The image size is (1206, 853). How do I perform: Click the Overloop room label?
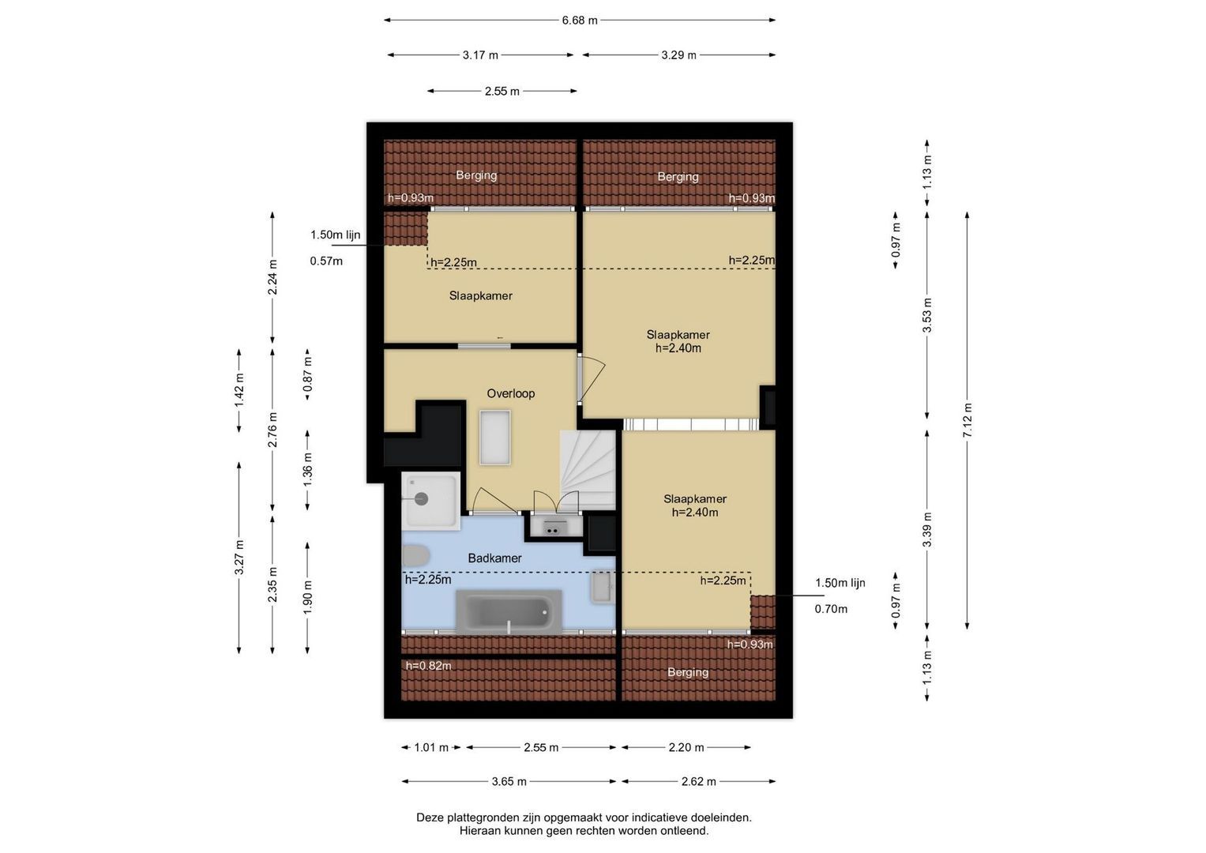coord(510,393)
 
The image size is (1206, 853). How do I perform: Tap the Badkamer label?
coord(494,558)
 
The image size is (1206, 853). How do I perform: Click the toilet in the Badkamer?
coord(415,556)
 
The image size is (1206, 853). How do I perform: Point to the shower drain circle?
coord(421,498)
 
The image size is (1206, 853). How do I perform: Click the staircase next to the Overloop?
coord(588,470)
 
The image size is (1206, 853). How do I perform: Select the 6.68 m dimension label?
coord(580,21)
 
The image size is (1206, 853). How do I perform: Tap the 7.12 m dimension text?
coord(967,420)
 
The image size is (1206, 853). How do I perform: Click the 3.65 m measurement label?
coord(509,781)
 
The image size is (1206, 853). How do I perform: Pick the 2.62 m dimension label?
coord(698,781)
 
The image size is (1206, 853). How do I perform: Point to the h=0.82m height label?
coord(429,666)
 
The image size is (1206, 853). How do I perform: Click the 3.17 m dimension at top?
coord(480,55)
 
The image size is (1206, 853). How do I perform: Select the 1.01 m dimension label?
coord(430,747)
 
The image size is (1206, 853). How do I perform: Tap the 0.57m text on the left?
coord(325,261)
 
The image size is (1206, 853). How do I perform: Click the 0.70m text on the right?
coord(831,609)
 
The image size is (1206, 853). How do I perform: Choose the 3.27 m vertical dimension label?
coord(239,557)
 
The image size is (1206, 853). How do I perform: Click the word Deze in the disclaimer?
coord(430,817)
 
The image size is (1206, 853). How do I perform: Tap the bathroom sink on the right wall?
coord(602,586)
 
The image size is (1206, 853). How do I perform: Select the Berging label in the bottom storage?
coord(688,672)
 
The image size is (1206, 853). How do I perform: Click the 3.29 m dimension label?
coord(678,55)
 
